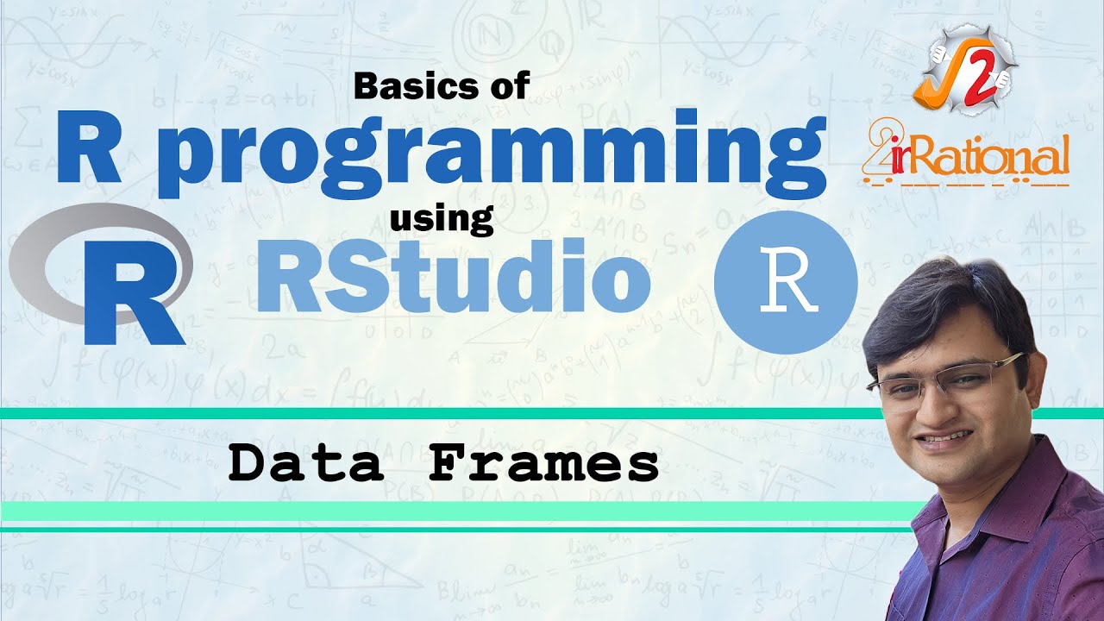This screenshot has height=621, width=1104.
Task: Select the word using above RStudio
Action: (442, 220)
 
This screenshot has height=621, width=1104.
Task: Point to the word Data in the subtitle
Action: (305, 465)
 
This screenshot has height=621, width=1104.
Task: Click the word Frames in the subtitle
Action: (543, 465)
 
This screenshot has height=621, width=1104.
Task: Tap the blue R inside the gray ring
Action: (129, 289)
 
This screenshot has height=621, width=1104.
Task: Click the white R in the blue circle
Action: (786, 280)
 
